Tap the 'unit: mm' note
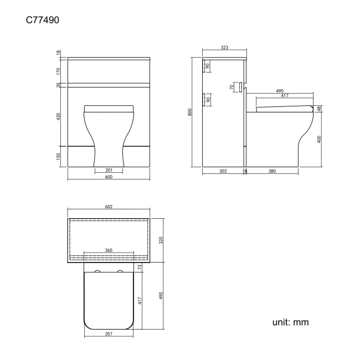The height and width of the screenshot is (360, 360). pos(290,322)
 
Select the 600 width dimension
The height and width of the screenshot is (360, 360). pos(109,177)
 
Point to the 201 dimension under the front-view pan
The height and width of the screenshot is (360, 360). pos(109,169)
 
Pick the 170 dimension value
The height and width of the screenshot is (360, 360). pos(59,70)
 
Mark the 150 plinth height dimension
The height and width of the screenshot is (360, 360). pos(59,157)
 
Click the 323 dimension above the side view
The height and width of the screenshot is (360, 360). pos(224,48)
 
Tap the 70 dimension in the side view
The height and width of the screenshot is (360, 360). pos(232,87)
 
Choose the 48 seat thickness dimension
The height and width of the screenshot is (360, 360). pos(320,109)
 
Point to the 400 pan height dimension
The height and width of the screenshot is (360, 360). pos(320,139)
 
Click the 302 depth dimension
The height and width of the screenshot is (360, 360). pos(223,171)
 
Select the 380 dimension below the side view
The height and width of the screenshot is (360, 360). pos(272,171)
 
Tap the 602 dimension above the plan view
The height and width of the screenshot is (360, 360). pos(109,207)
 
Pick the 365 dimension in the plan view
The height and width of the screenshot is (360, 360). pos(109,250)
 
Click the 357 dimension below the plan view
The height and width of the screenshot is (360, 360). pos(109,334)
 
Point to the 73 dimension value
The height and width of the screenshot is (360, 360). pos(140,267)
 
